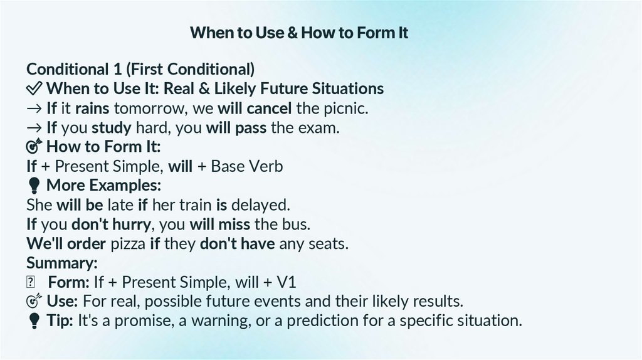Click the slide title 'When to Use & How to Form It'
(x=299, y=33)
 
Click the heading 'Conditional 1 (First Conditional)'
(x=140, y=69)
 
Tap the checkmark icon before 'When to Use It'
(x=34, y=89)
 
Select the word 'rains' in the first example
(x=92, y=109)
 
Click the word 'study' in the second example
(x=112, y=128)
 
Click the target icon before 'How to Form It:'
(x=34, y=147)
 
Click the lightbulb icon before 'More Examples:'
(x=34, y=186)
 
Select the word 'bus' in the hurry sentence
(x=298, y=224)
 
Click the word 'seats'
(x=329, y=243)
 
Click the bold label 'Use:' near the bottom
(x=62, y=301)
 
